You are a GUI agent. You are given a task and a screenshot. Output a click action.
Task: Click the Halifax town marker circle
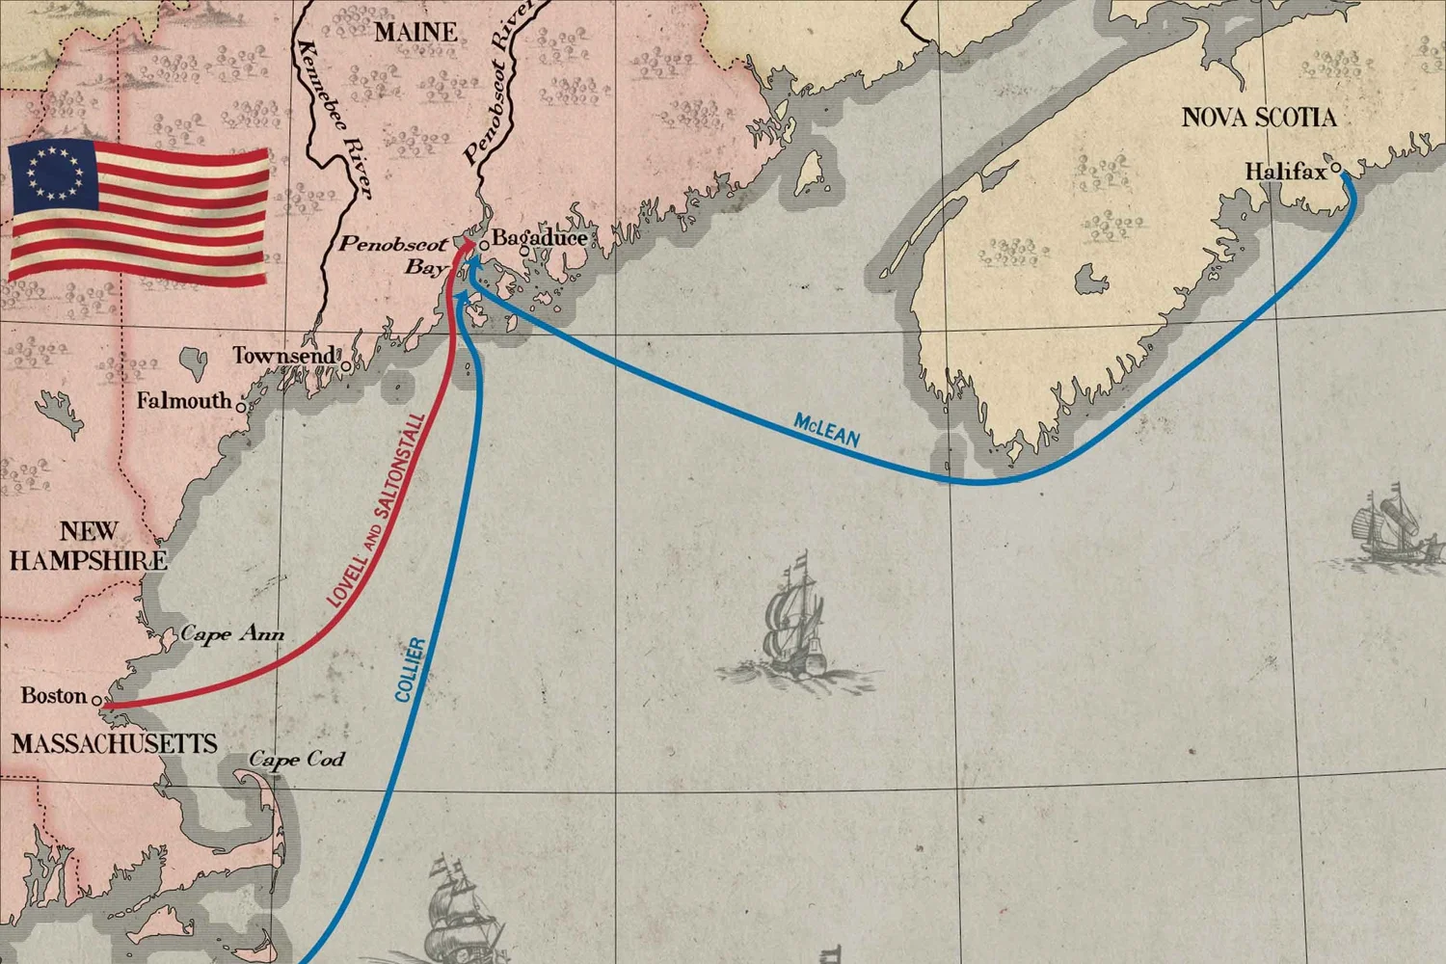click(1336, 169)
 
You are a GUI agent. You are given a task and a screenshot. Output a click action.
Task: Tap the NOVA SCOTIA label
click(1258, 118)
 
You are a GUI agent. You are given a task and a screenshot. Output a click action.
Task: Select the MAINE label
click(415, 32)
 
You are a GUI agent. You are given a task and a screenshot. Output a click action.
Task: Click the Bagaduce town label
click(539, 237)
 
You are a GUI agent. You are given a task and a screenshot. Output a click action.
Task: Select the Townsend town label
click(284, 356)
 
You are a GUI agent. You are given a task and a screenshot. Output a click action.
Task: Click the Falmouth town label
click(184, 400)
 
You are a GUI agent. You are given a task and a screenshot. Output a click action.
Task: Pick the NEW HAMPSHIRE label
click(88, 546)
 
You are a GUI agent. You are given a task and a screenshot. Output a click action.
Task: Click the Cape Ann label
click(232, 633)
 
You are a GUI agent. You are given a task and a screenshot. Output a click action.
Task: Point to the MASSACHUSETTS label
click(115, 743)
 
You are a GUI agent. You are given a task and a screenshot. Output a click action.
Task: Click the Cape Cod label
click(296, 760)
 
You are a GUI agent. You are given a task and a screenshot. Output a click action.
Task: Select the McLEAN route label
click(826, 430)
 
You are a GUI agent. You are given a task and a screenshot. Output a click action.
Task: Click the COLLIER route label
click(410, 669)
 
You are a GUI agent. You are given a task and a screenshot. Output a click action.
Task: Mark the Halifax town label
click(1284, 172)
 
